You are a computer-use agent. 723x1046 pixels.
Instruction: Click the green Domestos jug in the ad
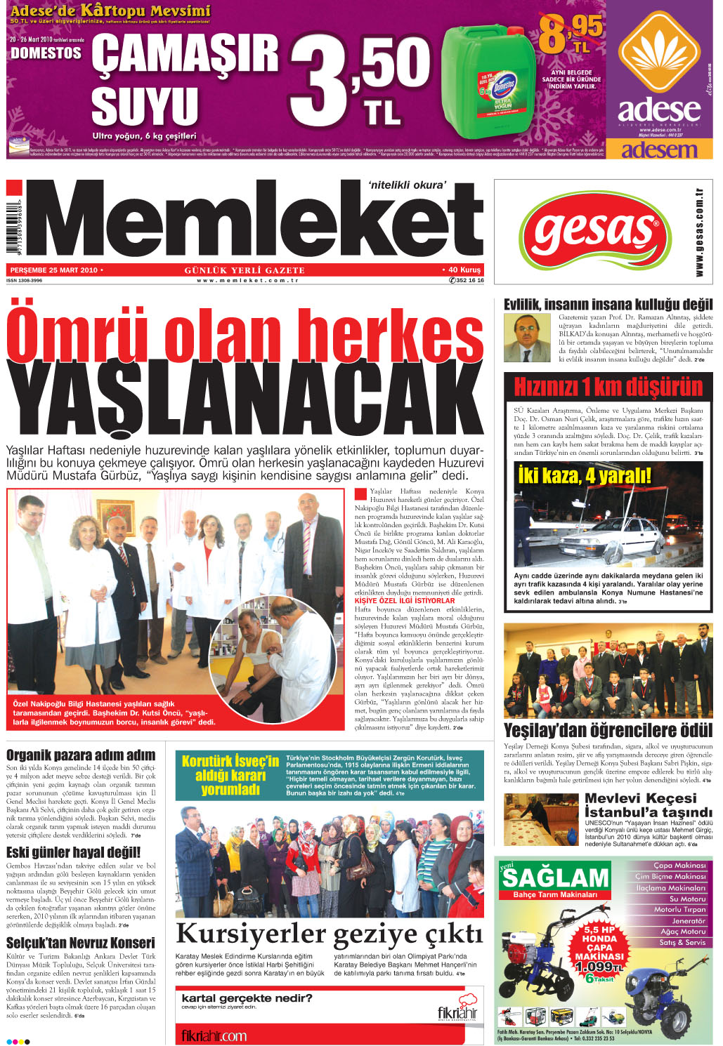[488, 84]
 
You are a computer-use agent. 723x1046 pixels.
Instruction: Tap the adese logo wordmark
[658, 110]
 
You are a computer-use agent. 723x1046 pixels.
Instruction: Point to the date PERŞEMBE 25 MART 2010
[53, 270]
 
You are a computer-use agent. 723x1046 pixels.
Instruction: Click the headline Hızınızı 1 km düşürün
[608, 387]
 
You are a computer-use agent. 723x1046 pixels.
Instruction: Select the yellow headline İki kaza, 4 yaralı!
[584, 476]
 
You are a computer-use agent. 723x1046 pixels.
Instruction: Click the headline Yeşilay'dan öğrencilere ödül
[608, 730]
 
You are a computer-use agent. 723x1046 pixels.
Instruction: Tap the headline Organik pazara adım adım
[80, 755]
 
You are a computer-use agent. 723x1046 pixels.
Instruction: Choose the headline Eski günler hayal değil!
[73, 852]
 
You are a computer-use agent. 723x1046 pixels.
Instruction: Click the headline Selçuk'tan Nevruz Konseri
[80, 943]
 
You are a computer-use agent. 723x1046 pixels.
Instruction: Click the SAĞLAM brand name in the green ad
[555, 878]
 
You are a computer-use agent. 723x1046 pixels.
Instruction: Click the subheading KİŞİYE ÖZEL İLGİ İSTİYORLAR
[404, 601]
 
